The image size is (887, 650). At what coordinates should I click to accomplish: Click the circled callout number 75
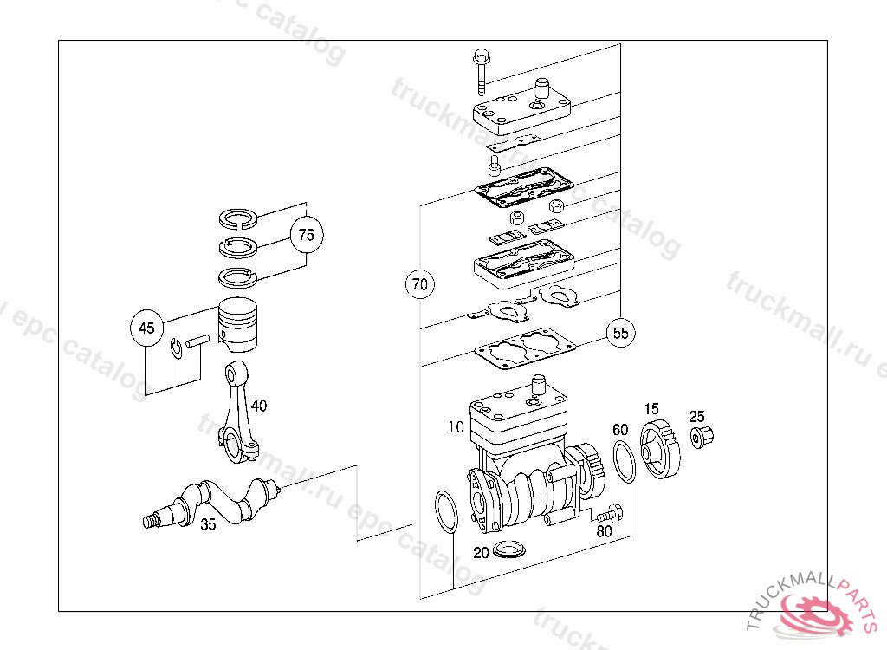[305, 234]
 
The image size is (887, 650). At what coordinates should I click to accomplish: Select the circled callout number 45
[146, 328]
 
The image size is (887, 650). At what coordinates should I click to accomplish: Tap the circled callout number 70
[420, 283]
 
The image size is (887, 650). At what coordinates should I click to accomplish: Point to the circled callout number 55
[620, 332]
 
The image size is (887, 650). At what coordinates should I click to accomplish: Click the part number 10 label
[456, 427]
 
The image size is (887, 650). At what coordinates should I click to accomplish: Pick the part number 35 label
[208, 524]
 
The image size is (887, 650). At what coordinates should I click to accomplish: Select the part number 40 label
[259, 405]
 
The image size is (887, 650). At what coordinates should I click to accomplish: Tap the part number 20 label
[481, 553]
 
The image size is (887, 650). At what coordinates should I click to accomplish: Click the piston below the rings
[239, 324]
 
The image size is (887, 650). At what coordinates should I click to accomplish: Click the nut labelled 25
[697, 436]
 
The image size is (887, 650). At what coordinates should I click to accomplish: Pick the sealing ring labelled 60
[625, 461]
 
